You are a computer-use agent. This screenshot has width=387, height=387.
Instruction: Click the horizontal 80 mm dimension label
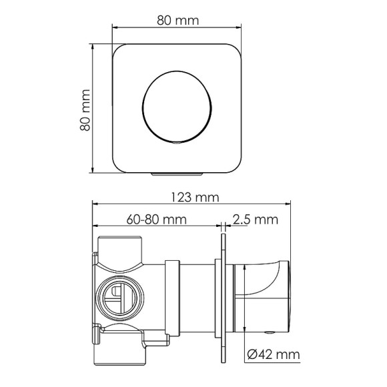[x=177, y=20]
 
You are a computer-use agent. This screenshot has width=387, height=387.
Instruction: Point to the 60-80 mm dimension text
[x=155, y=219]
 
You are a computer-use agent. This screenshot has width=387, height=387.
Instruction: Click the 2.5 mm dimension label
[x=254, y=219]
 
